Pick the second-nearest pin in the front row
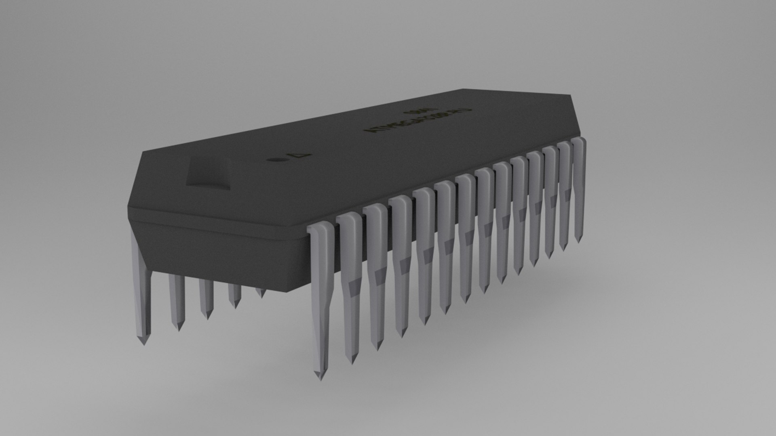tap(350, 283)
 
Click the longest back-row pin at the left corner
tap(141, 291)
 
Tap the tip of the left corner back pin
tap(143, 342)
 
